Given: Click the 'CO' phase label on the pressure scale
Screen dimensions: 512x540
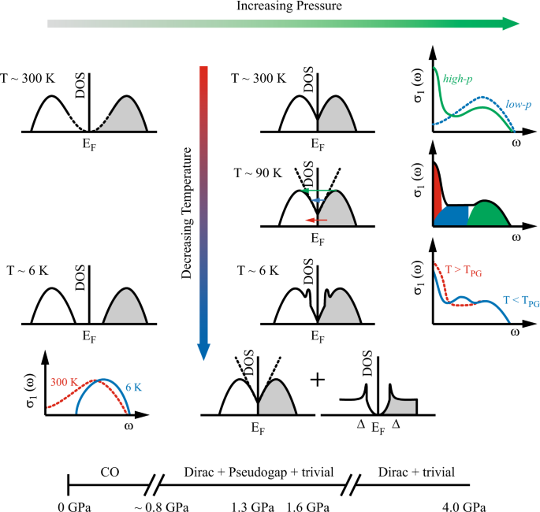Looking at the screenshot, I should click(110, 473).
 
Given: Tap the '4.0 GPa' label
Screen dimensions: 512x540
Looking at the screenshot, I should click(464, 505).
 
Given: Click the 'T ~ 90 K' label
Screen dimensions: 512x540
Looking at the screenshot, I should click(255, 171).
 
